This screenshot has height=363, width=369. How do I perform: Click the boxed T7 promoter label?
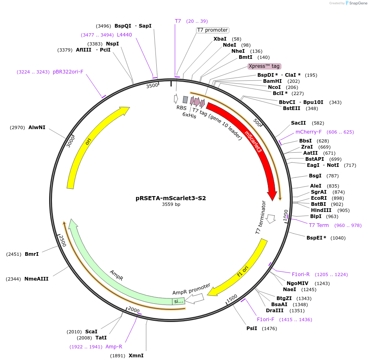click(212, 30)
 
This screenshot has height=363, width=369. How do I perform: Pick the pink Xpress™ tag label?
click(264, 66)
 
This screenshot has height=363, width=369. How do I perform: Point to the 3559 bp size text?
click(171, 205)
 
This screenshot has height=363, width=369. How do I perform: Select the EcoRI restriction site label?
click(319, 198)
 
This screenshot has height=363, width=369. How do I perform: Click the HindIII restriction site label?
click(321, 210)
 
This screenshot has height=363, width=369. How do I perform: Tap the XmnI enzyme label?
click(136, 356)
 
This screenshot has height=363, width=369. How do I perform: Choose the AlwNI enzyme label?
click(37, 127)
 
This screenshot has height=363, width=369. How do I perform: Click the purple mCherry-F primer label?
click(309, 132)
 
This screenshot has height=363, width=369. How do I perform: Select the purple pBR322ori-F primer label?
click(68, 72)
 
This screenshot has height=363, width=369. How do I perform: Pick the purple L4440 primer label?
click(124, 35)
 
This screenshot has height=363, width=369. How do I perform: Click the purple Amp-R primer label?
click(114, 347)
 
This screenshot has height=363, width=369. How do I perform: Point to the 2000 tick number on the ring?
click(134, 309)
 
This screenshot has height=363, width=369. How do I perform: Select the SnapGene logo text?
click(357, 3)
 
